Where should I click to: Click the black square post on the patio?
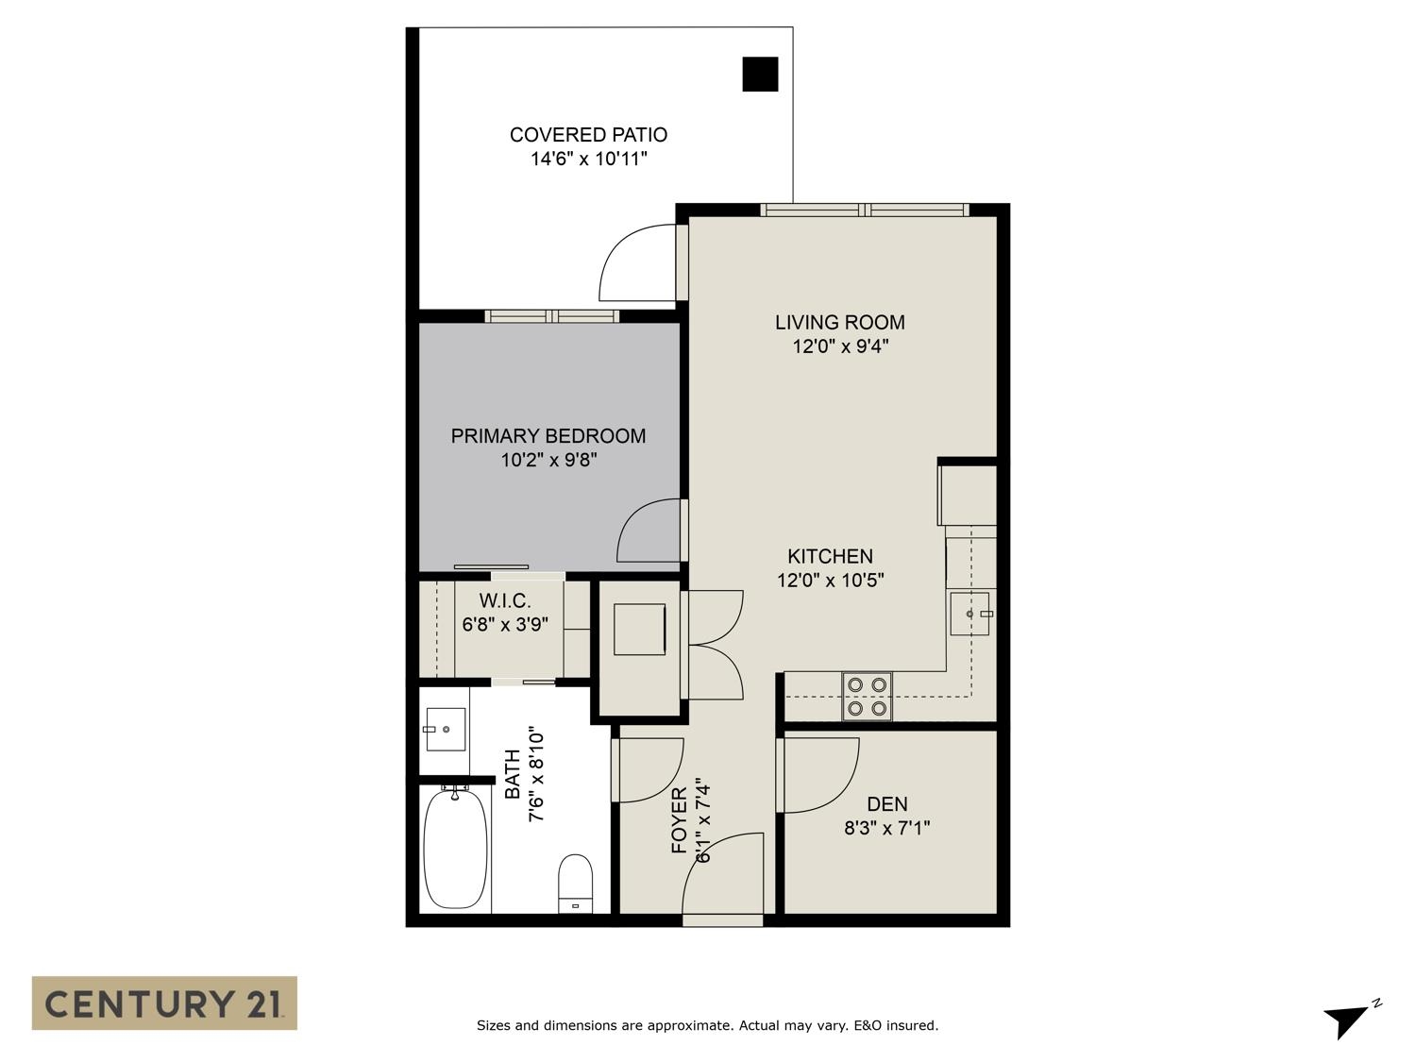click(760, 75)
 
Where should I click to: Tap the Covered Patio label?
click(588, 135)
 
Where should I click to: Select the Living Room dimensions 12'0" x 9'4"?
click(840, 346)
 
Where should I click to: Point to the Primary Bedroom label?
click(548, 436)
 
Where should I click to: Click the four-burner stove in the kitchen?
click(867, 697)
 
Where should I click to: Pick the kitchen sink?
click(969, 614)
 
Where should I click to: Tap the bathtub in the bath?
click(455, 848)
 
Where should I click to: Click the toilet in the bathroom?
click(576, 884)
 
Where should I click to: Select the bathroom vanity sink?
click(446, 730)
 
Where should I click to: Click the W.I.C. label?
click(505, 601)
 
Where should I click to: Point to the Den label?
click(887, 804)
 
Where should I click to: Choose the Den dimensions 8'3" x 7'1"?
click(887, 828)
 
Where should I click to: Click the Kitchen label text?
click(830, 556)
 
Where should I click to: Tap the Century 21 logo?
click(164, 1003)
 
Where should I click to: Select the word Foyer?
click(680, 820)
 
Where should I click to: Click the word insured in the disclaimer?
click(912, 1025)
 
